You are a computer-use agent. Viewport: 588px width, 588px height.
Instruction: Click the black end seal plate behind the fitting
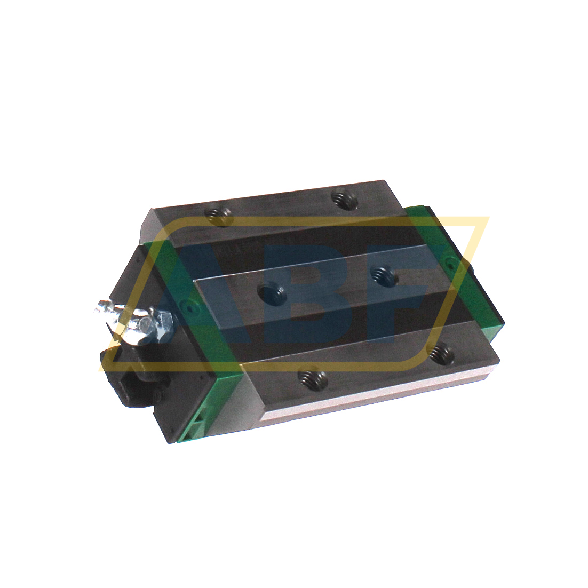coord(133,283)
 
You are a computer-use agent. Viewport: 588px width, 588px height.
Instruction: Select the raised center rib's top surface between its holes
coord(325,283)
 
